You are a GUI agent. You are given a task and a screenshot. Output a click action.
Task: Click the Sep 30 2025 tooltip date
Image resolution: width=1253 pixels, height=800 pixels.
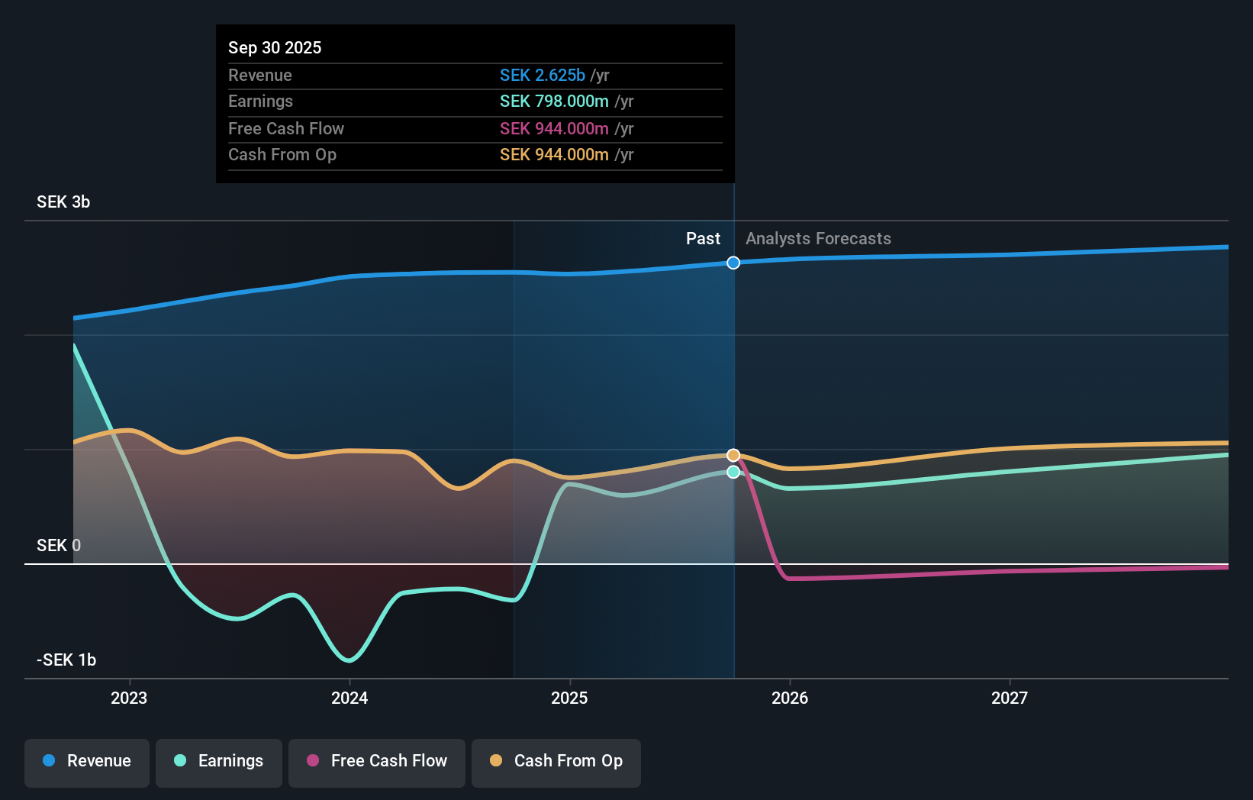coord(275,47)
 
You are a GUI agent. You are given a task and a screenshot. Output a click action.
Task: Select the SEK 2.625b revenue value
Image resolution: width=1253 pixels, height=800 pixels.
coord(543,75)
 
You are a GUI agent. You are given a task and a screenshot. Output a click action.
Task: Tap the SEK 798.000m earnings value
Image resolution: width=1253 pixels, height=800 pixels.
coord(554,102)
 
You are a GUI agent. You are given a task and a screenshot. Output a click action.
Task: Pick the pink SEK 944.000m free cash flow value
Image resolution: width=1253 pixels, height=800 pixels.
coord(554,128)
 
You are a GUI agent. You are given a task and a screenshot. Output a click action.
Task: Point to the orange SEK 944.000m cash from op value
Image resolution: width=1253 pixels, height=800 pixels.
coord(554,155)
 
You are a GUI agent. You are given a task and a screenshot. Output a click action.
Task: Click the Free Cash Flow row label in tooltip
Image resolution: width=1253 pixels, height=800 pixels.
coord(286,128)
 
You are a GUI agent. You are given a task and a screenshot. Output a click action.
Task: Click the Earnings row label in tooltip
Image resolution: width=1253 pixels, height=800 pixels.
coord(260,102)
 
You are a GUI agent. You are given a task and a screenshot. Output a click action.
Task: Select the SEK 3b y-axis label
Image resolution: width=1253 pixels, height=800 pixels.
coord(63,202)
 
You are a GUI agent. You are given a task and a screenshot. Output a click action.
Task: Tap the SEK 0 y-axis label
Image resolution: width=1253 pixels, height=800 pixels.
coord(59,545)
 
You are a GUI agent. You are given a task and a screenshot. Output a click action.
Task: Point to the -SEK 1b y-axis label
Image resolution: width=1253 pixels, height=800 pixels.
coord(66,660)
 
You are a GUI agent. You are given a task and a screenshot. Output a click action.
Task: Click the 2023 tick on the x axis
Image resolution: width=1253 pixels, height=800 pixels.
coord(129,698)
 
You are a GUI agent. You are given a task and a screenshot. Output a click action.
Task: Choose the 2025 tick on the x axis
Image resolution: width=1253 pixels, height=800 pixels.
coord(569,698)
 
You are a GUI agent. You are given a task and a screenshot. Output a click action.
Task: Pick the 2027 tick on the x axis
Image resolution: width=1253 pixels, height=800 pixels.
coord(1009,698)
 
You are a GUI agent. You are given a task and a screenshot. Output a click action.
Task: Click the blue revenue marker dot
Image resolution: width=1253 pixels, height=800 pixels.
coord(733,263)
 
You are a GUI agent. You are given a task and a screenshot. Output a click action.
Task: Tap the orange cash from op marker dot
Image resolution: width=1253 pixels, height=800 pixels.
coord(733,455)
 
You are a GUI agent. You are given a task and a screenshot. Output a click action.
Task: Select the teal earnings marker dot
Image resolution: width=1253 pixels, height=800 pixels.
coord(733,472)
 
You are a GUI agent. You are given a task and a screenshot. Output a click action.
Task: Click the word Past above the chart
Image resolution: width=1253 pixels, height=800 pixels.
coord(703,239)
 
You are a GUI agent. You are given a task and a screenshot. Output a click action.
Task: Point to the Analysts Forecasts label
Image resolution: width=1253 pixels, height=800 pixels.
coord(818,239)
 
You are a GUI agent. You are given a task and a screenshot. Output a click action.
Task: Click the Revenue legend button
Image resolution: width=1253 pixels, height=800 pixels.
coord(87,761)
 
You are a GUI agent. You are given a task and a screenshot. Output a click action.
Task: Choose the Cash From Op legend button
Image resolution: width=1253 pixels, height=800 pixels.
coord(556,761)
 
